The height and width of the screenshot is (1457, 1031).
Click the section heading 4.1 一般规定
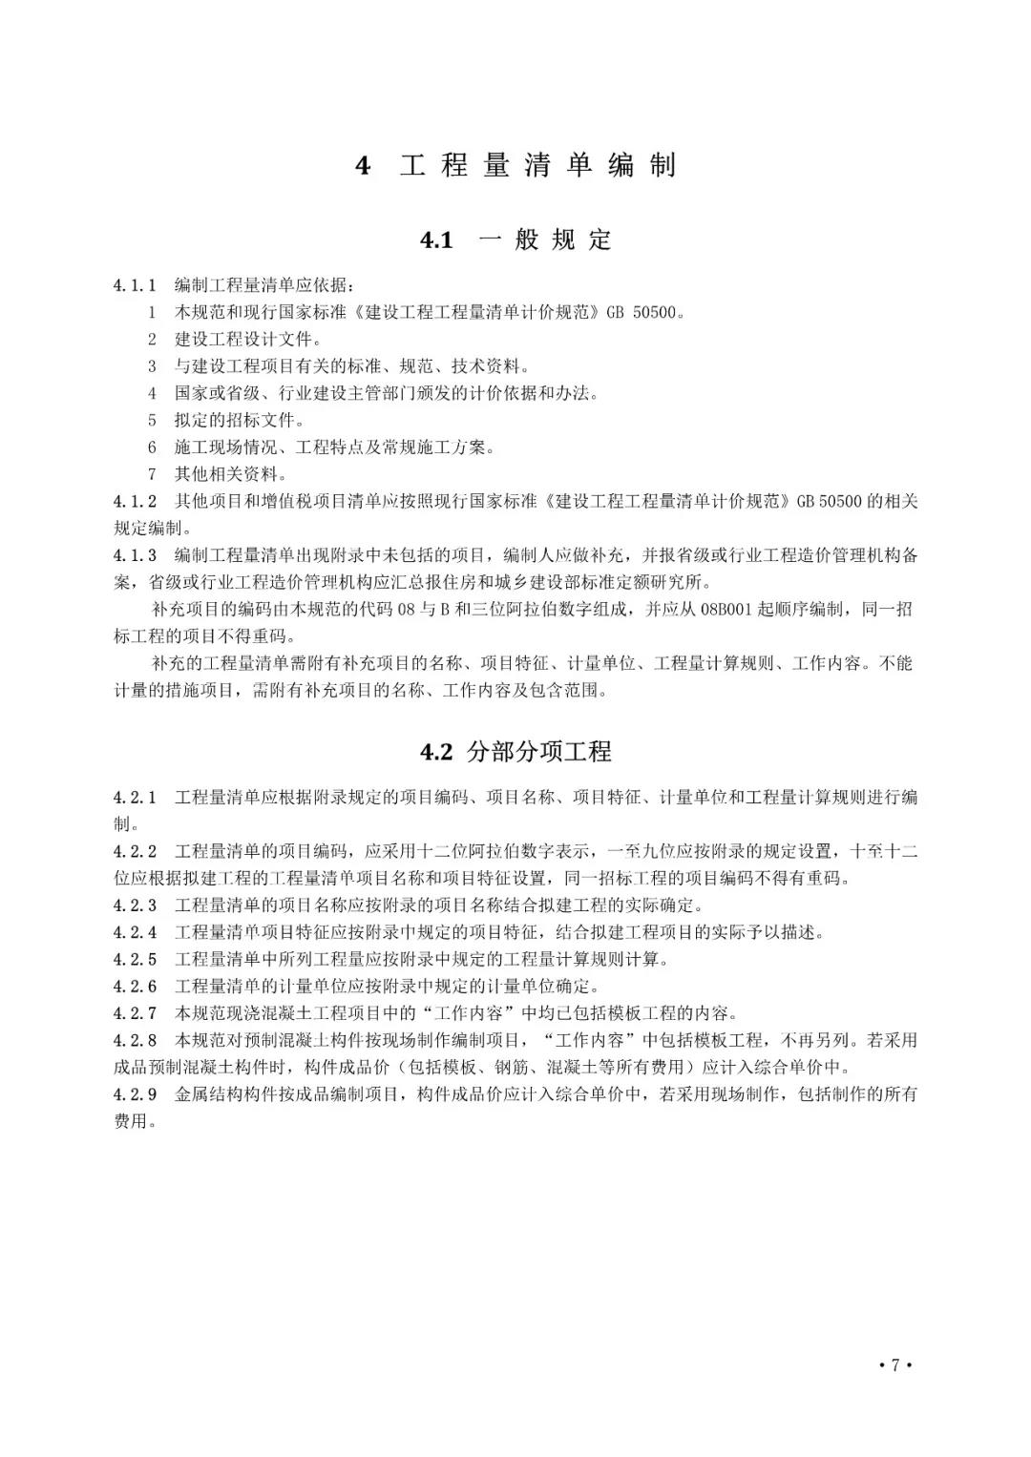tap(515, 239)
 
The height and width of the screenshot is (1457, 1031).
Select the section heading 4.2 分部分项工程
tap(515, 752)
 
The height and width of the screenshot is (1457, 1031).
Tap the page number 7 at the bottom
tap(895, 1364)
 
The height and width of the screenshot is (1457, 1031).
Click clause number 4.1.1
tap(135, 285)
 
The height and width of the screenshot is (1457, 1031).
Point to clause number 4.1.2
tap(135, 501)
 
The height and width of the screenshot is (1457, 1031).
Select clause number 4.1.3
tap(135, 555)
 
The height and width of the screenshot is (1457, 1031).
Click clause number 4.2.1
tap(135, 798)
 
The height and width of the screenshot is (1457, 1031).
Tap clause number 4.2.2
tap(135, 851)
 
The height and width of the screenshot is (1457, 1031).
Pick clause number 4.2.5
tap(135, 959)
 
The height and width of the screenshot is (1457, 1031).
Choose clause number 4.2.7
tap(135, 1013)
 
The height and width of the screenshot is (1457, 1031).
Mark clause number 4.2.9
tap(135, 1094)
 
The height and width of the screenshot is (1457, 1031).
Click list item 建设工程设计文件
tap(248, 339)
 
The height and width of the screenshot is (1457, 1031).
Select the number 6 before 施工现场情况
tap(152, 447)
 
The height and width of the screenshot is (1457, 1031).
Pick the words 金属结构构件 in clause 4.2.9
tap(225, 1094)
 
